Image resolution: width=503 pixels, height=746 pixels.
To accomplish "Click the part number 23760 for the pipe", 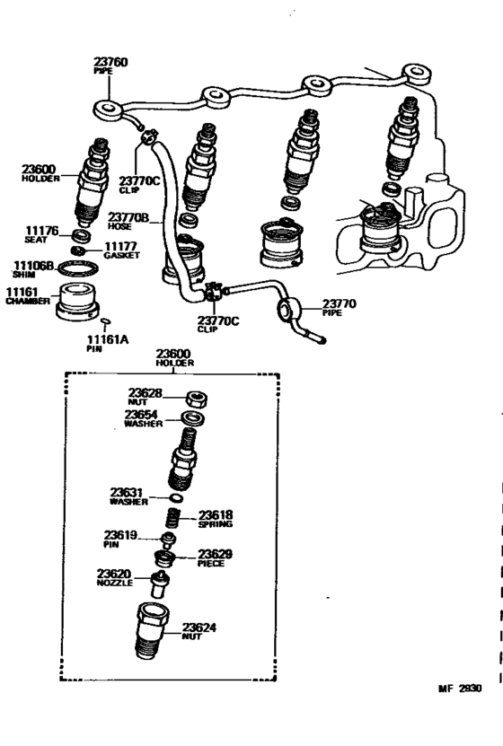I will pos(110,64).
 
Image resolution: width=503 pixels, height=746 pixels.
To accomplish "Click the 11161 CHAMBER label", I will pos(26,296).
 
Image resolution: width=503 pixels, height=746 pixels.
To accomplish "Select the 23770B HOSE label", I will pos(128,221).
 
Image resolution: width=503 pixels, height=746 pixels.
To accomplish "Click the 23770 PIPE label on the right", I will pos(338,307).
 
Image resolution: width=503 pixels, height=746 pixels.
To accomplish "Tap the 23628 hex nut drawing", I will pos(194,398).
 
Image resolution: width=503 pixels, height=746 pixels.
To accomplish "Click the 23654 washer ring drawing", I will pos(191,417).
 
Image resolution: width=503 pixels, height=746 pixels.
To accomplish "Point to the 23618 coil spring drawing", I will pos(177,518).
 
